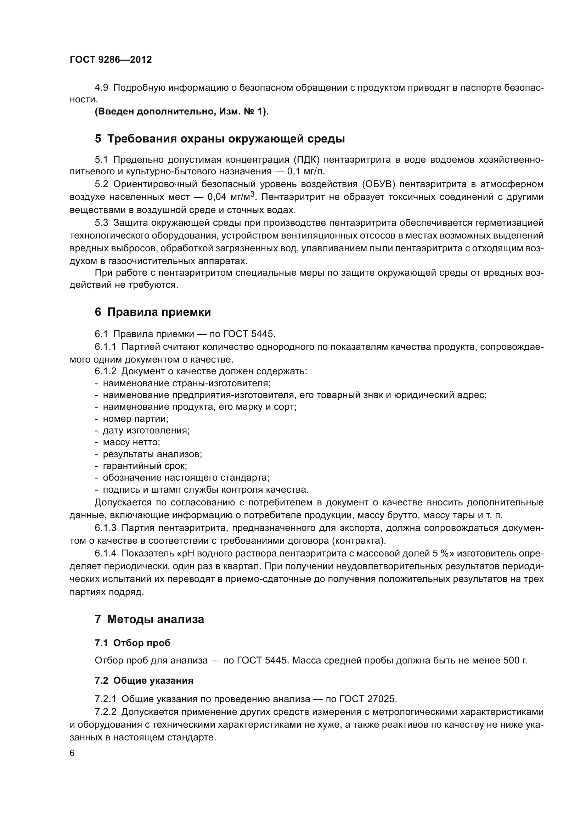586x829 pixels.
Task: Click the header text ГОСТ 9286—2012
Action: (111, 60)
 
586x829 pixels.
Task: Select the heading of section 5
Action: (220, 139)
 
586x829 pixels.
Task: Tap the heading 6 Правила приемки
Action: (153, 312)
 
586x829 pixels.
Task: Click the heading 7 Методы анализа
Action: (150, 619)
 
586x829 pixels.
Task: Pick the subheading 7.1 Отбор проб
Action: (133, 643)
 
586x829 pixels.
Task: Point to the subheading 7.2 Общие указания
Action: (144, 680)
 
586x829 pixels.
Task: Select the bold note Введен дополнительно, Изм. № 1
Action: (182, 112)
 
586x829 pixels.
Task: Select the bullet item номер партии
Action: (135, 419)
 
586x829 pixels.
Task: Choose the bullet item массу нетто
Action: (131, 442)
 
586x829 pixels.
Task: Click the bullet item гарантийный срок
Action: (145, 466)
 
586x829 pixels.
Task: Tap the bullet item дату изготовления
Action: (146, 430)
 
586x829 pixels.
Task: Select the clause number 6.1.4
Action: (105, 554)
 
